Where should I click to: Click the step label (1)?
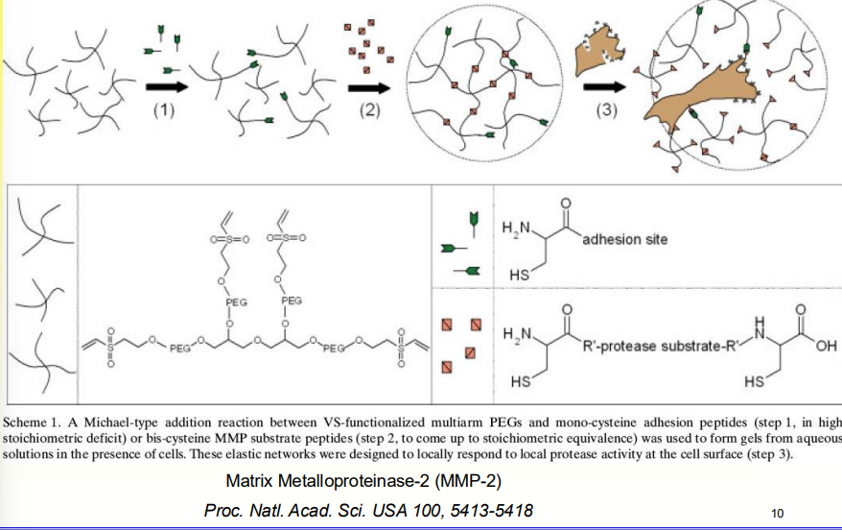point(164,109)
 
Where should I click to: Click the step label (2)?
point(369,109)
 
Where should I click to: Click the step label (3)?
point(606,109)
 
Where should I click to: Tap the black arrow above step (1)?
point(165,87)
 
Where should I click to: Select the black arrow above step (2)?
point(371,87)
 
